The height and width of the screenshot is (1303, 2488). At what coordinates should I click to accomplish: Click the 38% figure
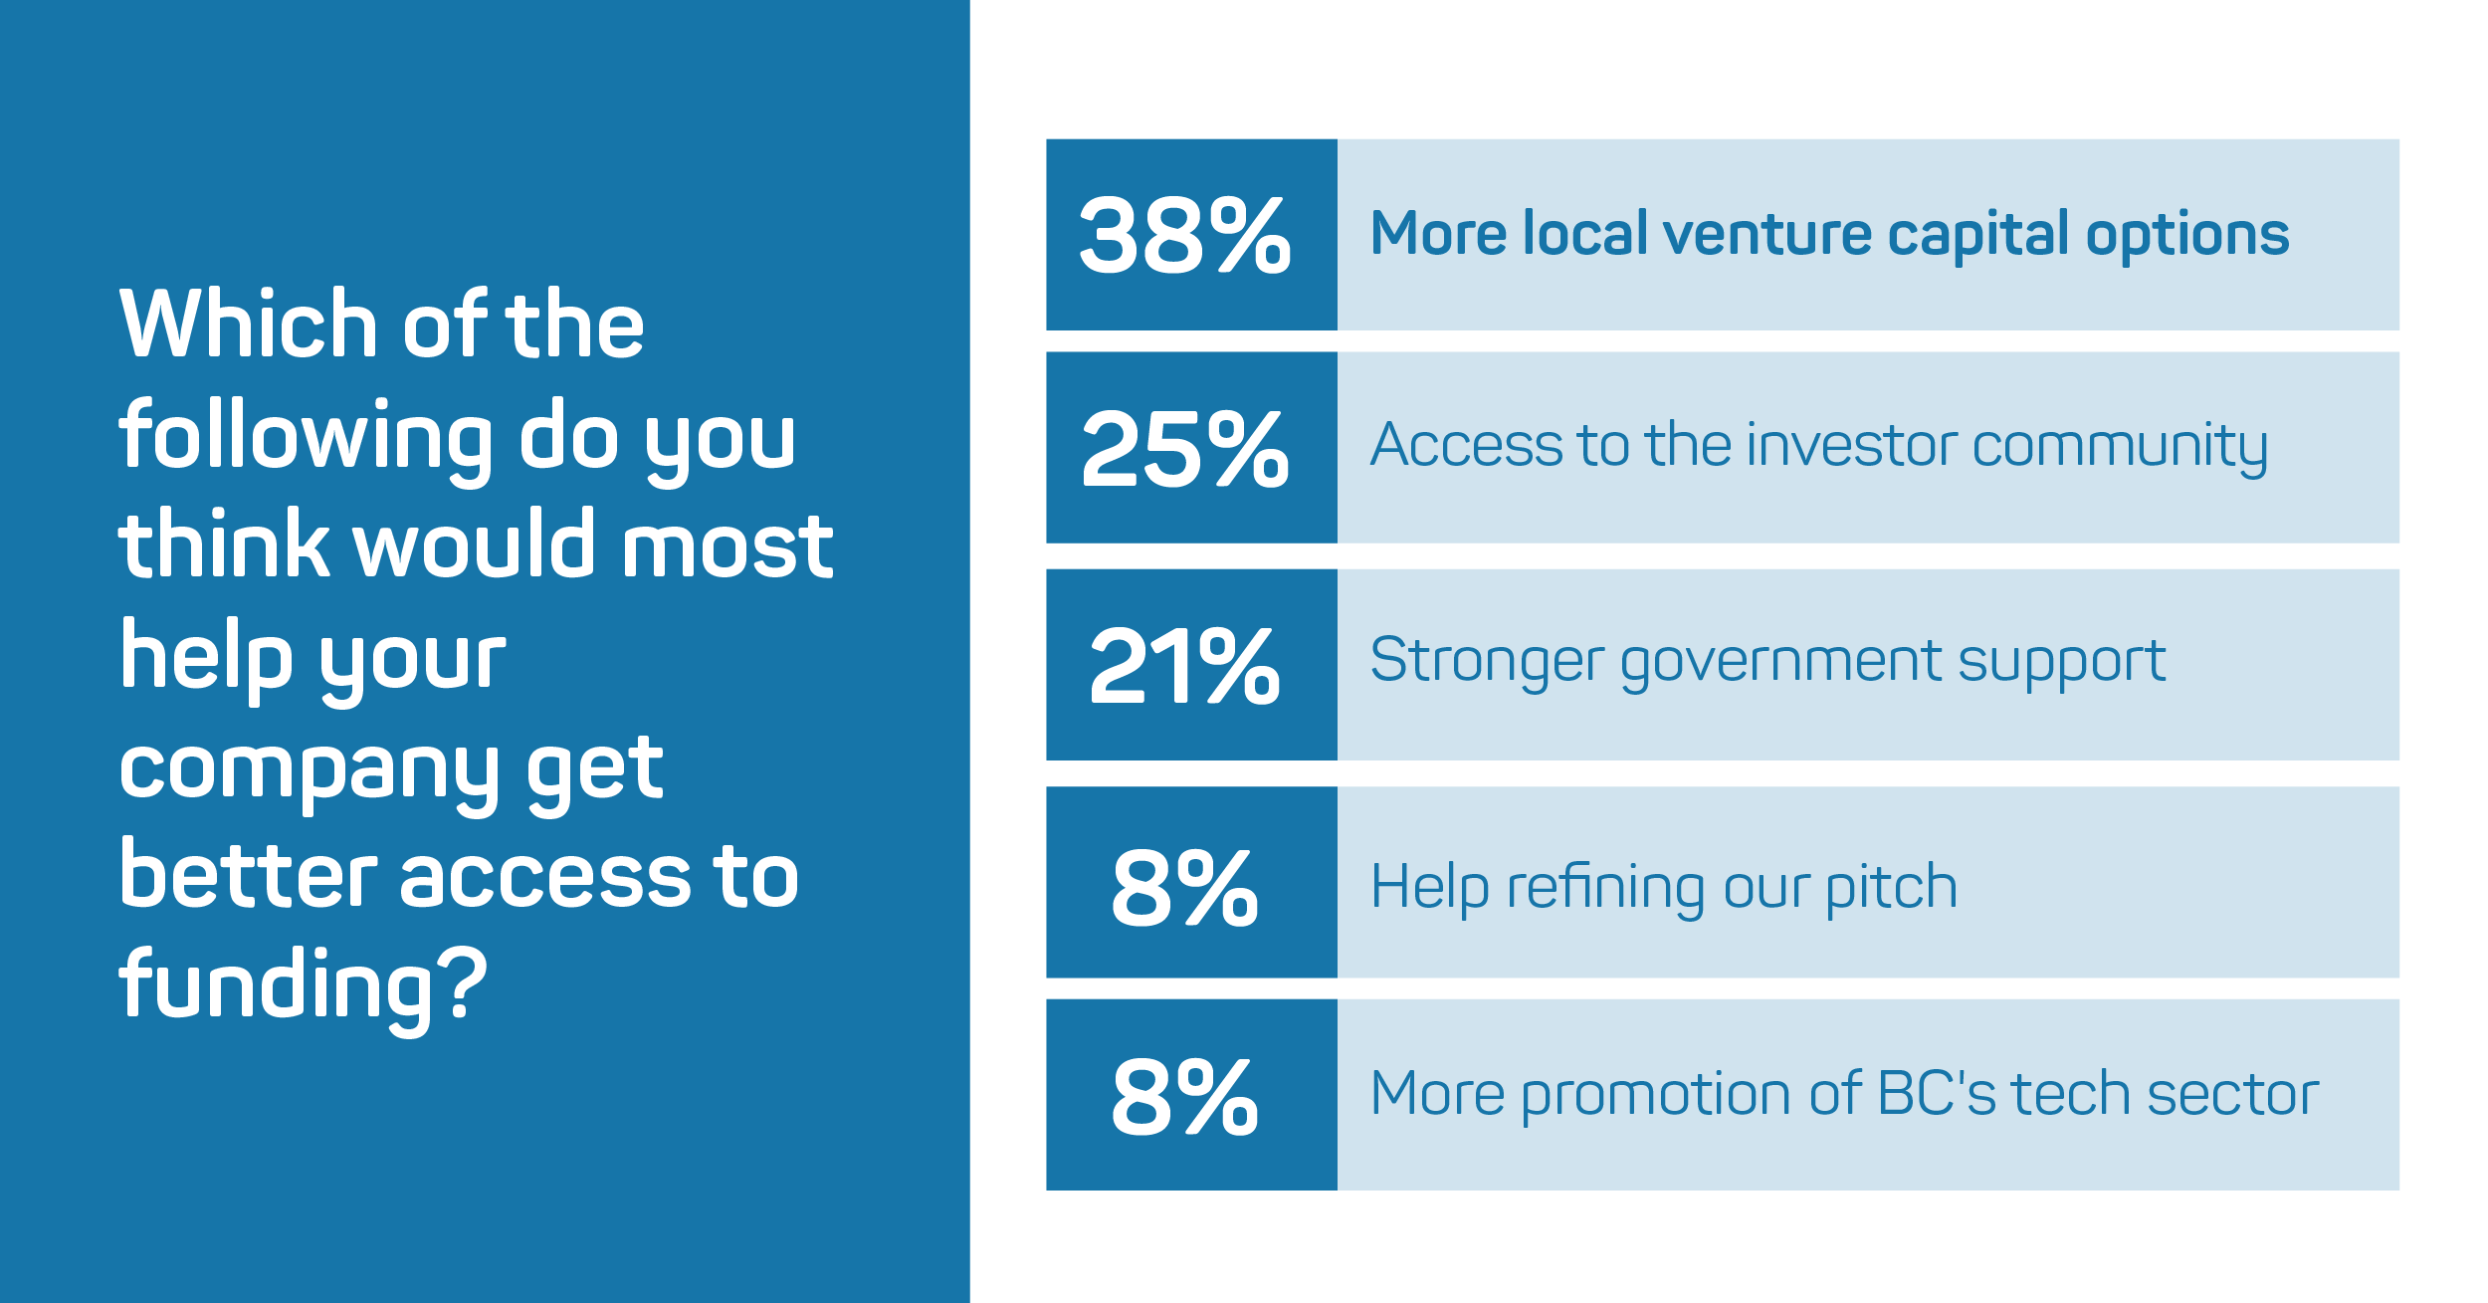1184,234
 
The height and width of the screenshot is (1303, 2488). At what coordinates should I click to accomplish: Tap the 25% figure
1184,449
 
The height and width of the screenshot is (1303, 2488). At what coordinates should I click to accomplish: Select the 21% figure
1184,666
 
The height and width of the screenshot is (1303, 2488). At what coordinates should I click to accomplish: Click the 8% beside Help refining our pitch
1184,887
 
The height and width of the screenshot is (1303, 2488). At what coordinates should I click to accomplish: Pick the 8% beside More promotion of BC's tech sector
1184,1096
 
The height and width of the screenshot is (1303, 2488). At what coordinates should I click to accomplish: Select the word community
2120,450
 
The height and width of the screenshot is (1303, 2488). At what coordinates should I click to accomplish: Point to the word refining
1606,888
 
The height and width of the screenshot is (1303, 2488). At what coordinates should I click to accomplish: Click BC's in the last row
1937,1094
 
